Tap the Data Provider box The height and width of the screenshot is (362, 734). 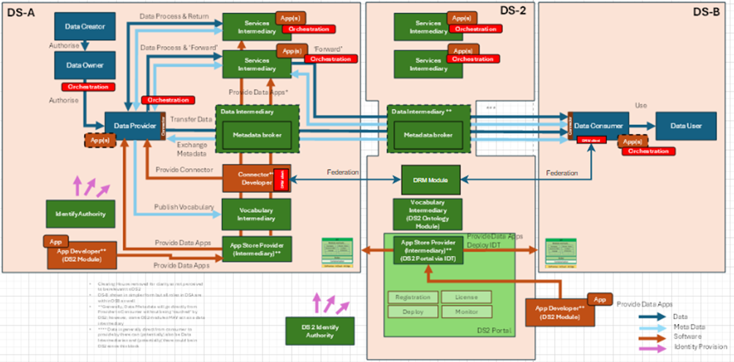point(131,126)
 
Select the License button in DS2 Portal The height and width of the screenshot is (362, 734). point(466,297)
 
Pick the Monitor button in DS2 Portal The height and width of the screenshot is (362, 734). point(466,312)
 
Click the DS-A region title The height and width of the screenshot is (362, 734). point(19,12)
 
